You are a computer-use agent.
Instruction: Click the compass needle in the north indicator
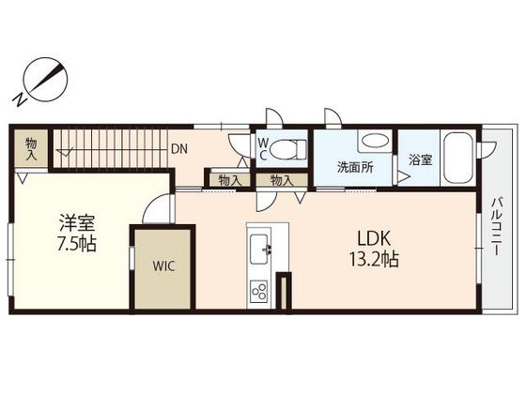click(x=46, y=79)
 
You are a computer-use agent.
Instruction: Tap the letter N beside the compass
click(x=20, y=98)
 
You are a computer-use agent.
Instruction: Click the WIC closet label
click(x=163, y=266)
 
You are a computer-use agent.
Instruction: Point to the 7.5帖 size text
click(x=77, y=244)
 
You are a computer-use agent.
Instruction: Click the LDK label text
click(x=374, y=239)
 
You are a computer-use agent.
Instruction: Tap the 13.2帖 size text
click(x=374, y=259)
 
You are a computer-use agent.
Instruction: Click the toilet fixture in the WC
click(x=288, y=149)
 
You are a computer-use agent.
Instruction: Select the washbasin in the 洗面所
click(x=375, y=141)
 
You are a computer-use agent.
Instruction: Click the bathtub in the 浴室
click(x=458, y=158)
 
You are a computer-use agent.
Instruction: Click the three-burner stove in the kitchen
click(x=259, y=291)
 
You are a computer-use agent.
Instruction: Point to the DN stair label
click(x=179, y=149)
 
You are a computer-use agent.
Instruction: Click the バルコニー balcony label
click(x=497, y=227)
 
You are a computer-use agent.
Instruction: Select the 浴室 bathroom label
click(x=420, y=159)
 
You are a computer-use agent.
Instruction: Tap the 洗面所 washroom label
click(x=355, y=167)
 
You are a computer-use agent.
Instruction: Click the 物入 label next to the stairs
click(x=32, y=149)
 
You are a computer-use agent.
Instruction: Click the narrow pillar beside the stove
click(x=284, y=291)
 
